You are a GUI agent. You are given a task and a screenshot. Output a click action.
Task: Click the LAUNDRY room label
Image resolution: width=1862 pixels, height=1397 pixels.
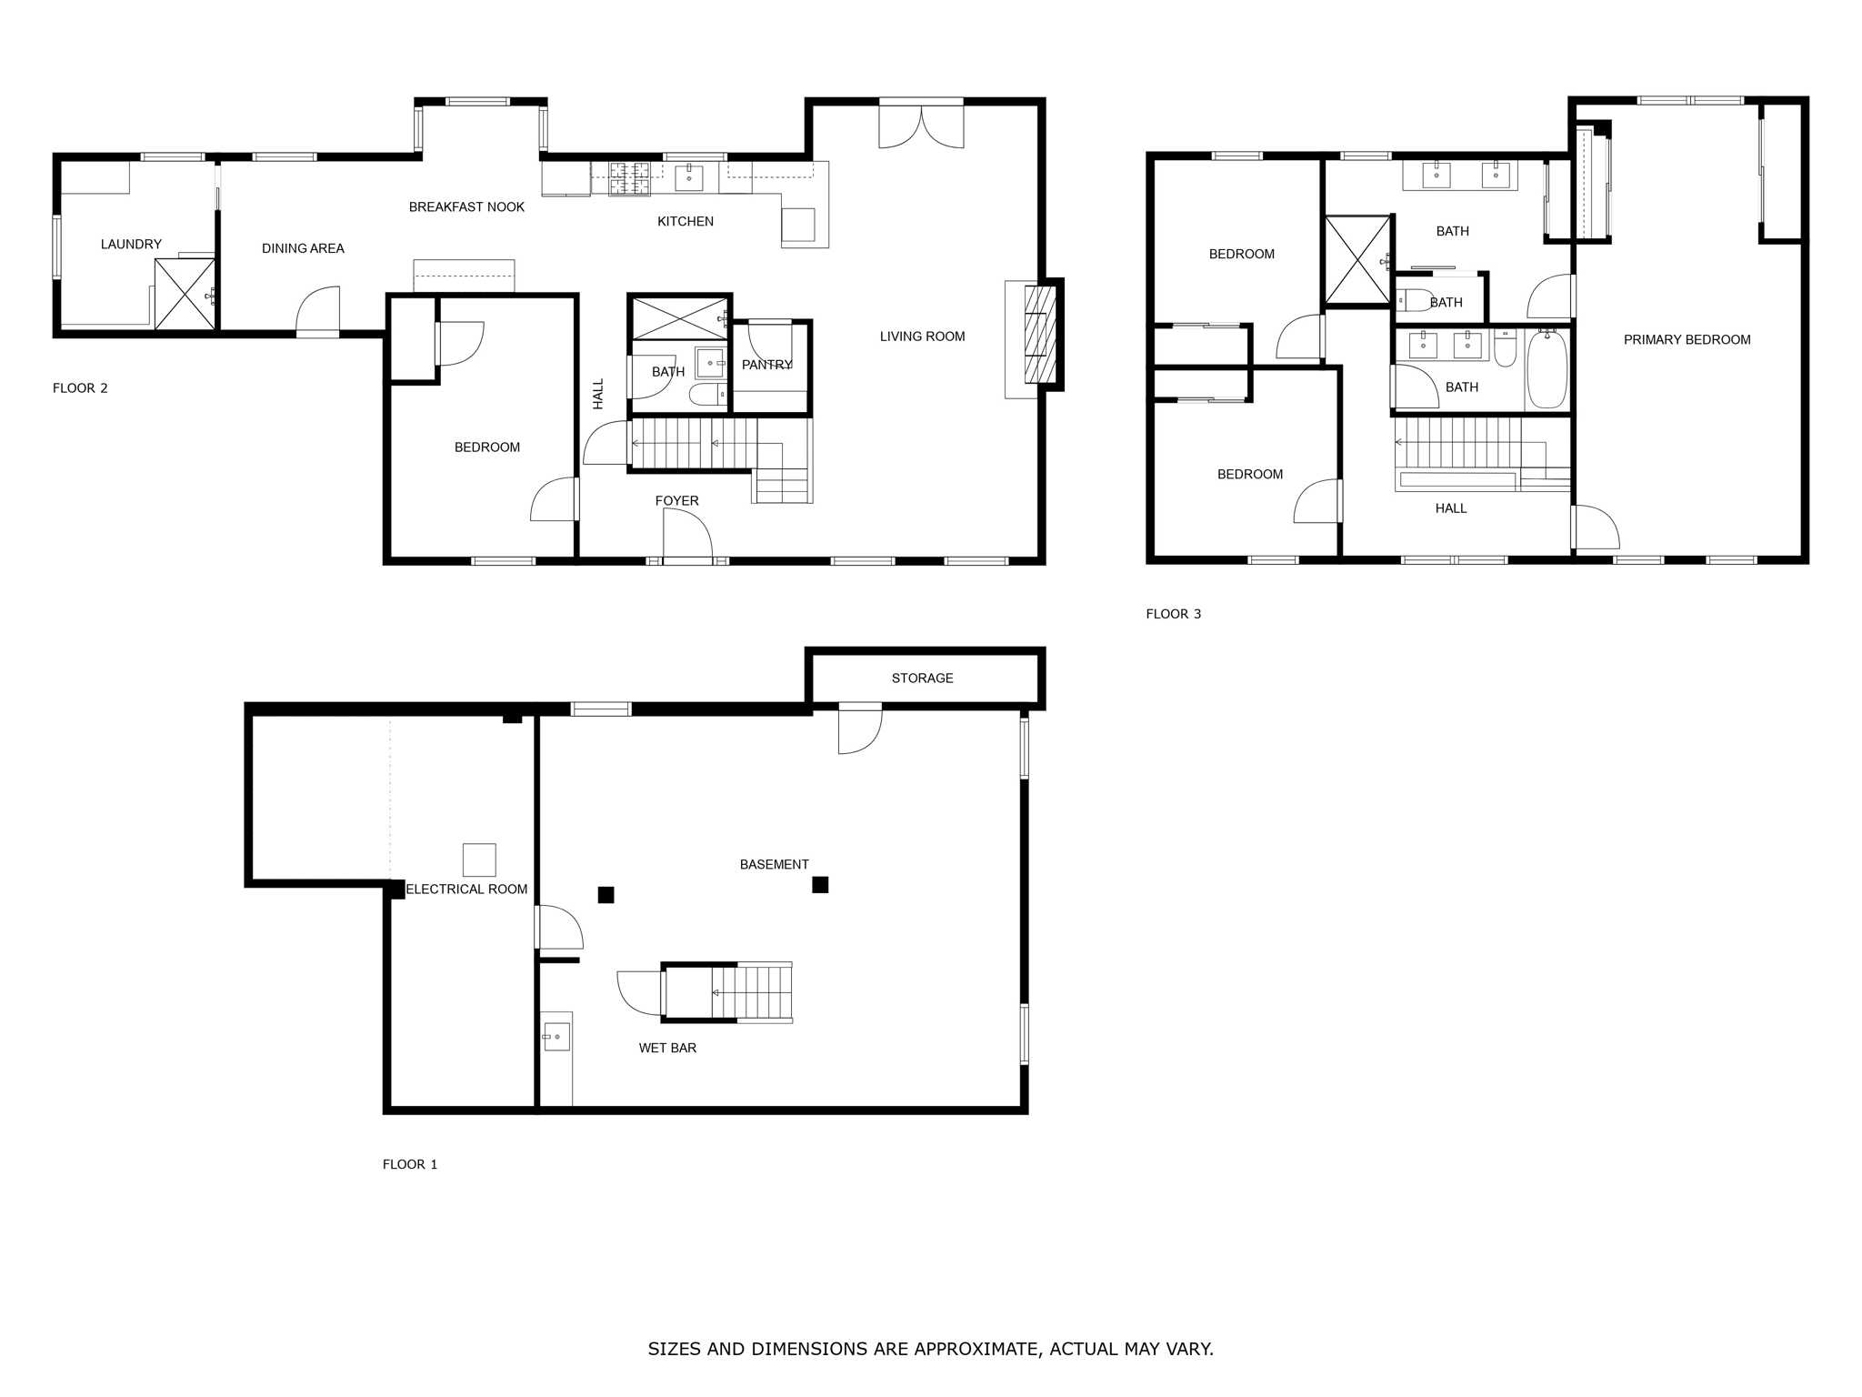[x=131, y=244]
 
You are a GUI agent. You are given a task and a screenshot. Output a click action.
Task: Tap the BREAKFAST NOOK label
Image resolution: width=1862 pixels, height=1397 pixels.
[x=466, y=207]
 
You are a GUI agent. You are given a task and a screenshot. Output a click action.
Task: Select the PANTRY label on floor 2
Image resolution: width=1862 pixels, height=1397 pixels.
[x=766, y=365]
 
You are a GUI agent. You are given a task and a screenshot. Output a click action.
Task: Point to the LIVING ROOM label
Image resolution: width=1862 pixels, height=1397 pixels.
[x=922, y=337]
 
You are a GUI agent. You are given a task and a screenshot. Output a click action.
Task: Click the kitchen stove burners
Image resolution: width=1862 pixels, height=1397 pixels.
[x=629, y=178]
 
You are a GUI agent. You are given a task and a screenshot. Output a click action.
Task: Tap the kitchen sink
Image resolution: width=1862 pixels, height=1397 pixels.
[x=688, y=177]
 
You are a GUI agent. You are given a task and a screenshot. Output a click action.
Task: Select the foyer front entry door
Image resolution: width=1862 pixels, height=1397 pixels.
[x=687, y=537]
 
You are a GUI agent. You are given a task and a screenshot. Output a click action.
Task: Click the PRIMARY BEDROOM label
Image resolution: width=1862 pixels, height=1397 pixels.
[x=1687, y=340]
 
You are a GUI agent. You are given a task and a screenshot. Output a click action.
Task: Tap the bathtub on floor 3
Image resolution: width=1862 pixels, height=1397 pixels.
[x=1547, y=369]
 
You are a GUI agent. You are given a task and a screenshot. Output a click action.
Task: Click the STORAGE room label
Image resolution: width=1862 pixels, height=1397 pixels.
[x=922, y=678]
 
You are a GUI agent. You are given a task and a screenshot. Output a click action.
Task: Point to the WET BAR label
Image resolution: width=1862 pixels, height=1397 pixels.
[x=667, y=1048]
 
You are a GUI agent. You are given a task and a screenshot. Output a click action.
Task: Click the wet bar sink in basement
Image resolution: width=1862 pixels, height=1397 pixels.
[x=556, y=1036]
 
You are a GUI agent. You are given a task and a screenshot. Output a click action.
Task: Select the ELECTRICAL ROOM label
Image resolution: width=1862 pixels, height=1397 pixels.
[x=466, y=889]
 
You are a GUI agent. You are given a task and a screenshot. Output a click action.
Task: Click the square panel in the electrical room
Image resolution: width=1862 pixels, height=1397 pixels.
[x=479, y=859]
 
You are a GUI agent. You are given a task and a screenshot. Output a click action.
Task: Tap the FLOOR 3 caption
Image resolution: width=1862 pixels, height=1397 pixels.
[x=1173, y=614]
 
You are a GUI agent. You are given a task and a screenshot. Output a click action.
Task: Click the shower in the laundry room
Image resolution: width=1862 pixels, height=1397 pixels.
[x=185, y=294]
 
